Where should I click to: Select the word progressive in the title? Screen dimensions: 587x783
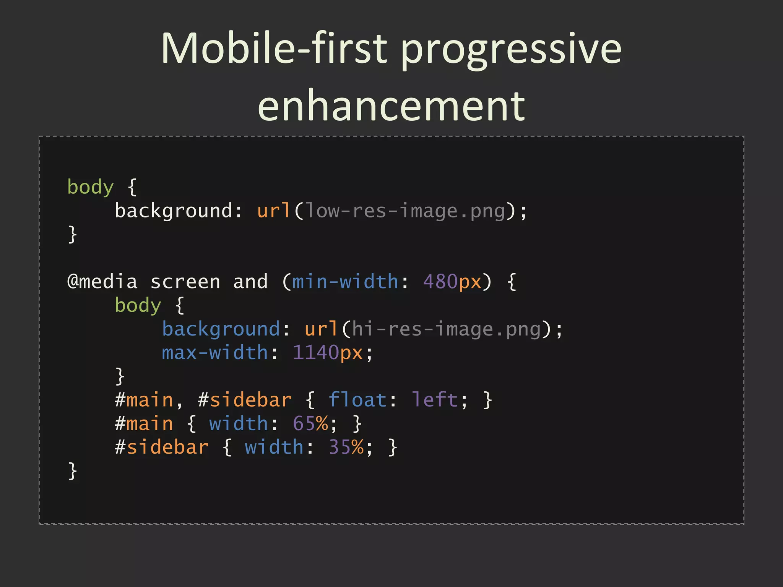point(511,50)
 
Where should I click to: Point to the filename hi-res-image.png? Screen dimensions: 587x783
point(446,329)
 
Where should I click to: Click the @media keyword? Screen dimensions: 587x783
point(102,282)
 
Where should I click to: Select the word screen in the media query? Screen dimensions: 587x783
point(185,282)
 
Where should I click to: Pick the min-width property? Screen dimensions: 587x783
point(345,282)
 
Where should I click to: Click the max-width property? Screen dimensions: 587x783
point(214,353)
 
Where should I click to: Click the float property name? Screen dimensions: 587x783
point(357,400)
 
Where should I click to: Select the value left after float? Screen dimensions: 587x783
point(434,400)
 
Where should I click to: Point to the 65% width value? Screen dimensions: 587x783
point(310,424)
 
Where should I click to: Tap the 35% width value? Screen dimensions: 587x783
point(346,447)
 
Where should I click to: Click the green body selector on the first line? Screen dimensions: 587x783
point(91,187)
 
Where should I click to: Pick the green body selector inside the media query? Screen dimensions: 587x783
point(138,306)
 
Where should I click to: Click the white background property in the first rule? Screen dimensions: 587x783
point(173,211)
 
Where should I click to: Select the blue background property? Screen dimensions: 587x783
point(221,329)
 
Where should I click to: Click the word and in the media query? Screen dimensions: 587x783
point(250,282)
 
